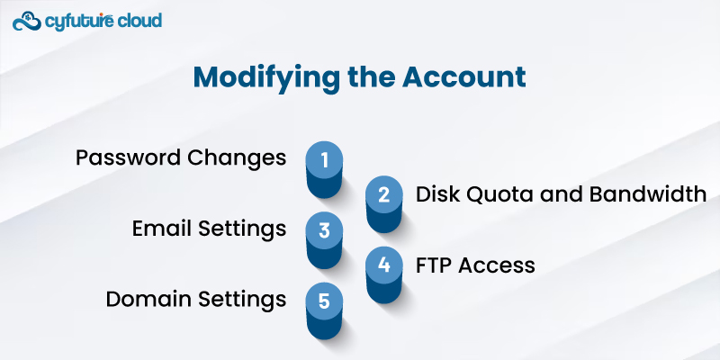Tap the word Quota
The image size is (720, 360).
(491, 194)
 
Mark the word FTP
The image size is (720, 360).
(434, 265)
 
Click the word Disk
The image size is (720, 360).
(436, 194)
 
